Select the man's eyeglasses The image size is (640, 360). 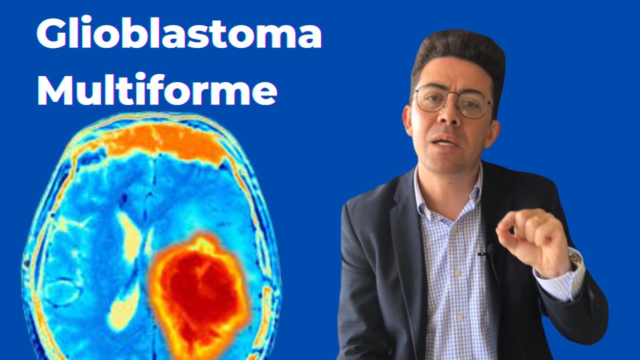[x=452, y=101]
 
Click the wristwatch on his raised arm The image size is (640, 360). [x=575, y=257]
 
